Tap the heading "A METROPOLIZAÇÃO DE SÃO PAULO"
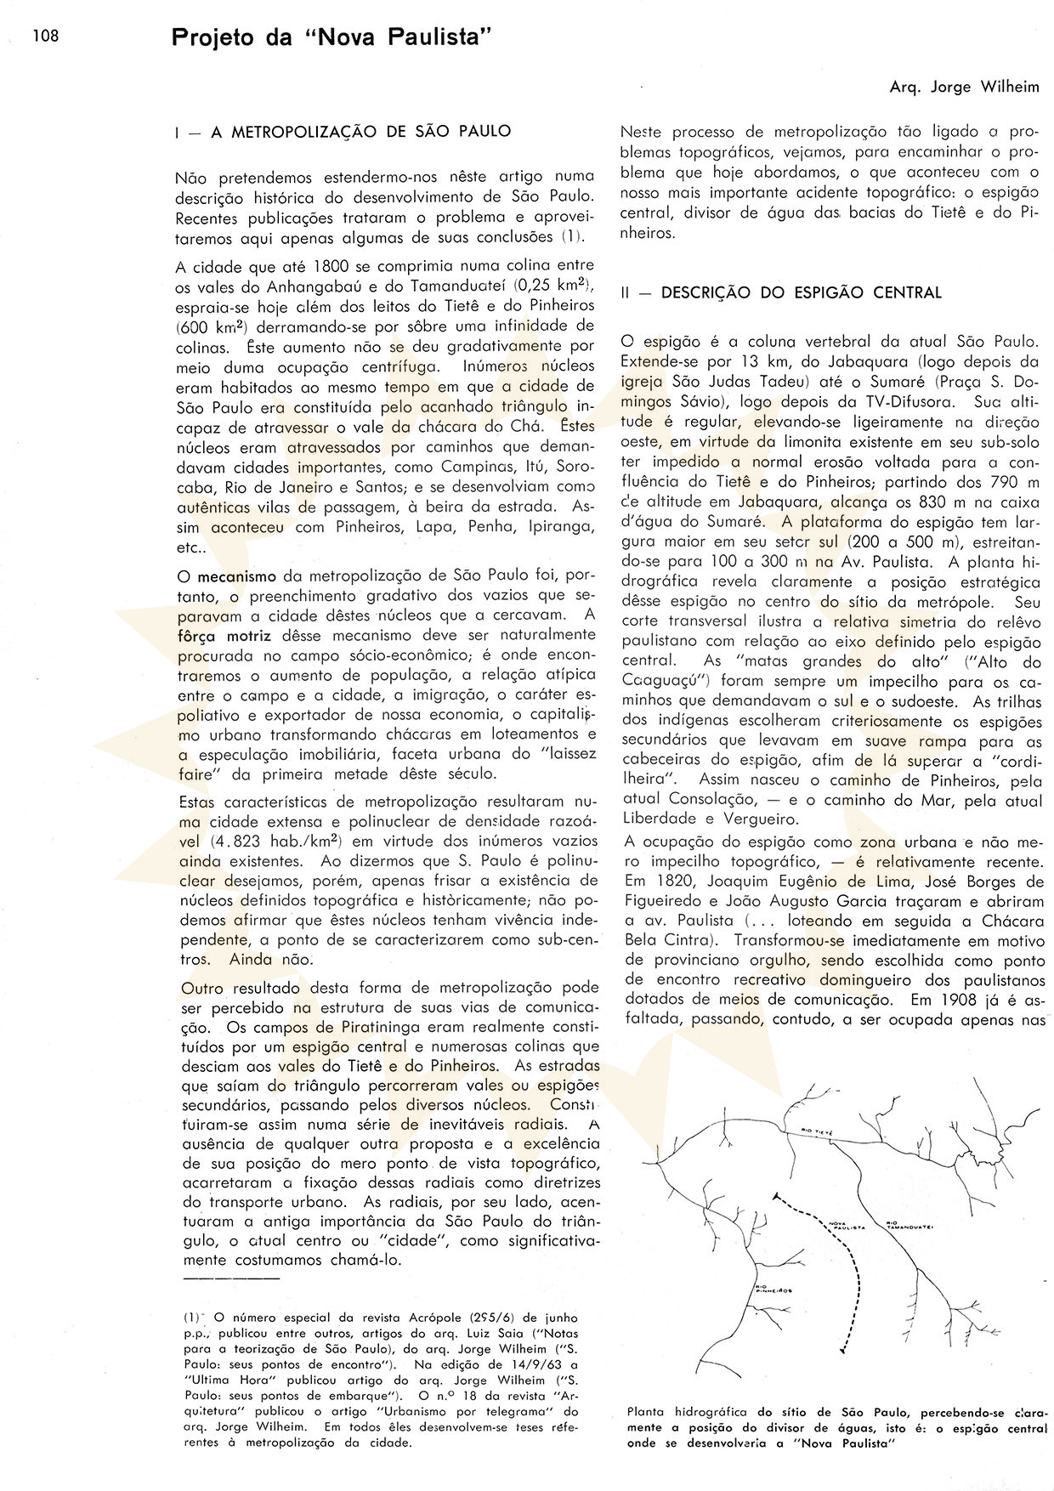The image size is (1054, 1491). (360, 132)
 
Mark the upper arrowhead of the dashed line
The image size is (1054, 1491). (777, 1198)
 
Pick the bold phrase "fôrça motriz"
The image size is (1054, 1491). (218, 635)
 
